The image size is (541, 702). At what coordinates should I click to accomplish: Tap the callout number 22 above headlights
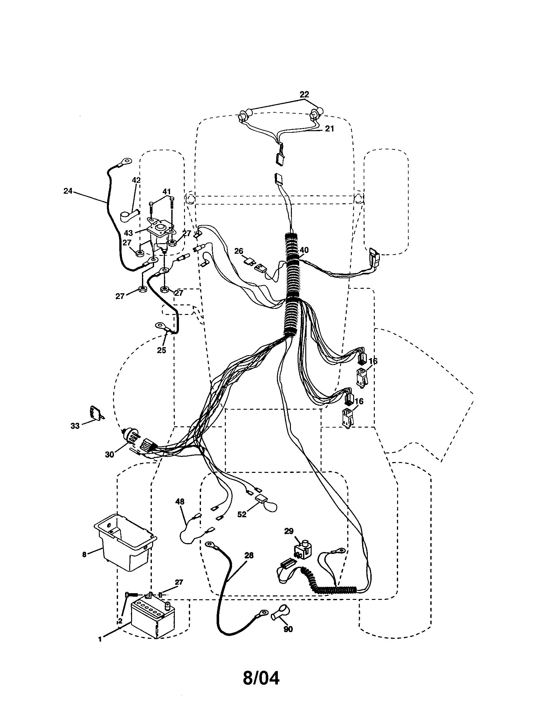(304, 94)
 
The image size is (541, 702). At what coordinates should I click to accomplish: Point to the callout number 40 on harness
(304, 250)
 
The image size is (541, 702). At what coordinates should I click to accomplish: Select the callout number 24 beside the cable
(68, 190)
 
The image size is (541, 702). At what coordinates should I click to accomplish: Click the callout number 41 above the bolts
(166, 192)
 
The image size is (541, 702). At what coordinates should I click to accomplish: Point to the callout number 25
(161, 350)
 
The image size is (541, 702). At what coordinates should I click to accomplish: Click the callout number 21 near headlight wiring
(329, 129)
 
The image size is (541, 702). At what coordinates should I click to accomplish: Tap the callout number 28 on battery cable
(249, 555)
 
